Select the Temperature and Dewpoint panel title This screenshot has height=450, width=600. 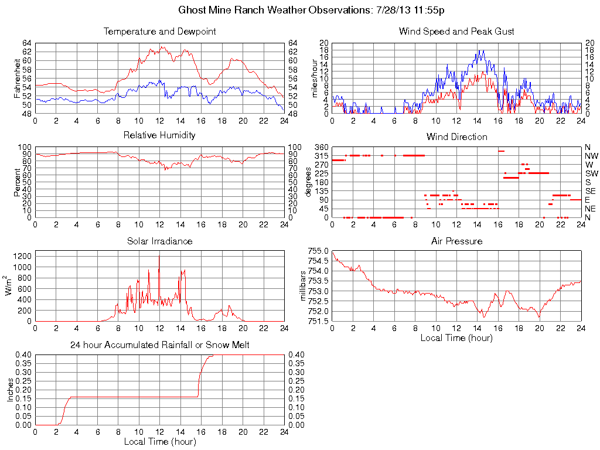[x=159, y=31]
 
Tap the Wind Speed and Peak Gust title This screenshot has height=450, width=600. [x=456, y=31]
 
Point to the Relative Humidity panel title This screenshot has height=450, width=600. [x=159, y=135]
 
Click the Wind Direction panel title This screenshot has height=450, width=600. [x=456, y=137]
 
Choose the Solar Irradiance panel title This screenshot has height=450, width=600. [x=159, y=241]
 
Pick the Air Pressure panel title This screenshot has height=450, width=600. [x=456, y=241]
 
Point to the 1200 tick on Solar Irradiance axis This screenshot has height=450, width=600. [x=22, y=256]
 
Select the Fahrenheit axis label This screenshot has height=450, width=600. [x=18, y=79]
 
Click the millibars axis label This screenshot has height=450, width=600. [x=302, y=286]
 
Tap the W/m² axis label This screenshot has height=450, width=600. [x=9, y=286]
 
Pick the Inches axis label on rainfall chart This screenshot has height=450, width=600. [x=10, y=390]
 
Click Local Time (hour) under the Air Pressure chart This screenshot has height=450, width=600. [x=456, y=337]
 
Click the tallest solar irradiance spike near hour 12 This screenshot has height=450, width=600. [x=159, y=256]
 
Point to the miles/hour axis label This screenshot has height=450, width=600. [x=315, y=79]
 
